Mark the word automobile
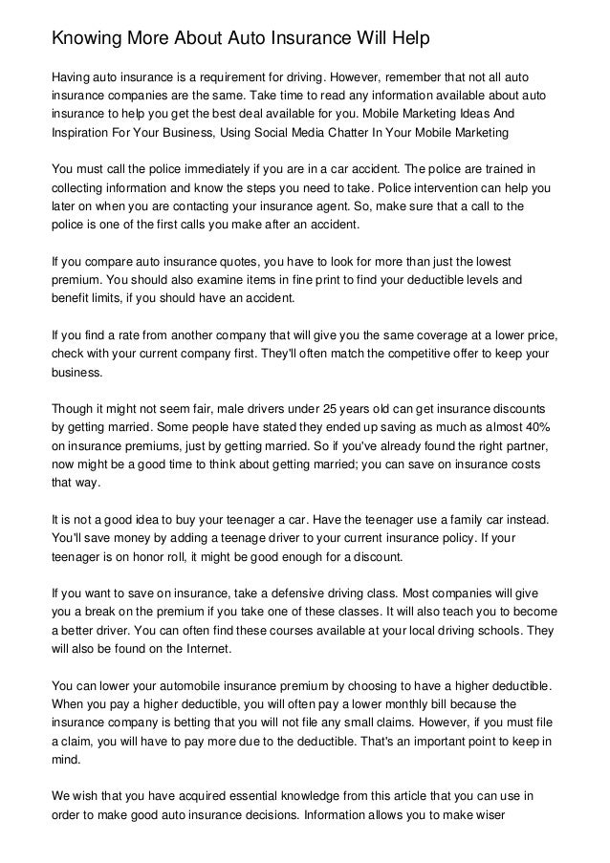183,685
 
